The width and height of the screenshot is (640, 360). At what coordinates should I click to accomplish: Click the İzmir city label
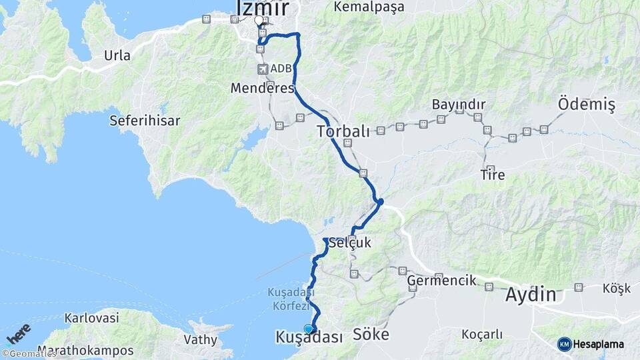point(263,7)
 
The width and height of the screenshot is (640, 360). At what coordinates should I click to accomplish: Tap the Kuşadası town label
point(309,338)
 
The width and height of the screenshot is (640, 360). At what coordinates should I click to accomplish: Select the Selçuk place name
point(353,243)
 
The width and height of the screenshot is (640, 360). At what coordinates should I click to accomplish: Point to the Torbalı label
point(343,131)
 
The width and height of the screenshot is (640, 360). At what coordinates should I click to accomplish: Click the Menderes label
point(262,88)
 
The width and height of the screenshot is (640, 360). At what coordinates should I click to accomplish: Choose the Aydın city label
point(531,294)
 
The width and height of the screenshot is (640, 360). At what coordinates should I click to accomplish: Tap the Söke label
point(370,334)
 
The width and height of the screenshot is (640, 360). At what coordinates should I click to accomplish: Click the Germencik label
point(442,281)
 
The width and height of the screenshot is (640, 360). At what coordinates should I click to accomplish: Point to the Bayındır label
point(459,105)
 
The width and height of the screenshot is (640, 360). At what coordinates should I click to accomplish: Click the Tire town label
point(493,175)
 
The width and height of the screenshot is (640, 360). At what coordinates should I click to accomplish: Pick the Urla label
point(117,55)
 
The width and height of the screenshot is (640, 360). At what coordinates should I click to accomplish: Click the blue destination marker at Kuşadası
point(308,329)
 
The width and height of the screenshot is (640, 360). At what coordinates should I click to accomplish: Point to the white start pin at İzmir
point(259,20)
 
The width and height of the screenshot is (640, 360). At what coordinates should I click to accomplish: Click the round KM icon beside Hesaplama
point(564,344)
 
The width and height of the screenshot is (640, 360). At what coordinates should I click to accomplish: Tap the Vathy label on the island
point(201,339)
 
